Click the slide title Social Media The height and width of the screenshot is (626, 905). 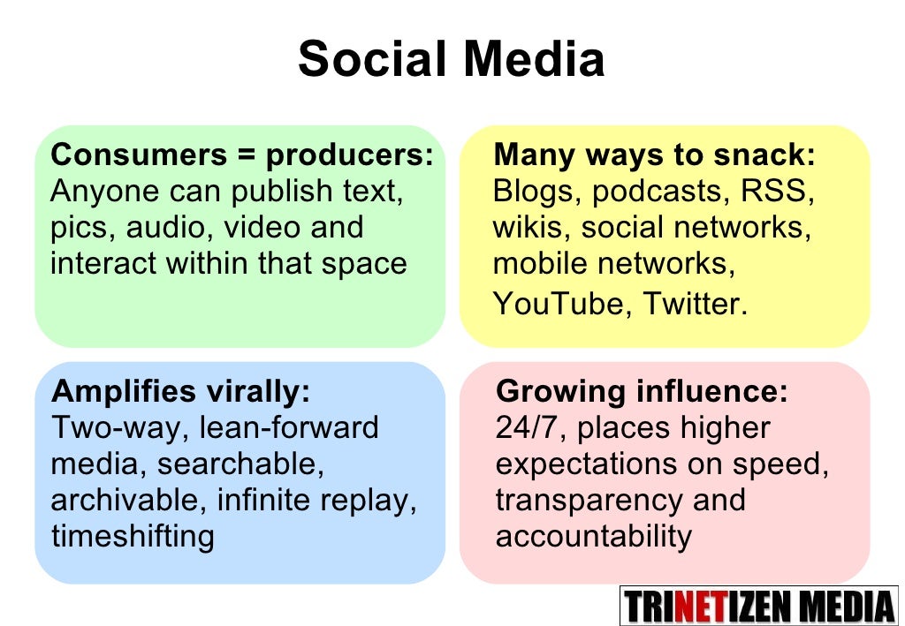[x=452, y=60]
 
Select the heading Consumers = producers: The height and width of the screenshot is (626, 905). [x=242, y=155]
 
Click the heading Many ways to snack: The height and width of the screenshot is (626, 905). [x=654, y=155]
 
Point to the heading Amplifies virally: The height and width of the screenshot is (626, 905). [x=181, y=391]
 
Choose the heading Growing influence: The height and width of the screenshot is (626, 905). [x=642, y=391]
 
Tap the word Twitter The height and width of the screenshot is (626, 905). [x=695, y=304]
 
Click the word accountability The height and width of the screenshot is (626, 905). [x=593, y=536]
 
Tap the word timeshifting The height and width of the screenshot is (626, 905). [x=133, y=536]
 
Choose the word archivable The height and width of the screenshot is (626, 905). [x=128, y=500]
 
